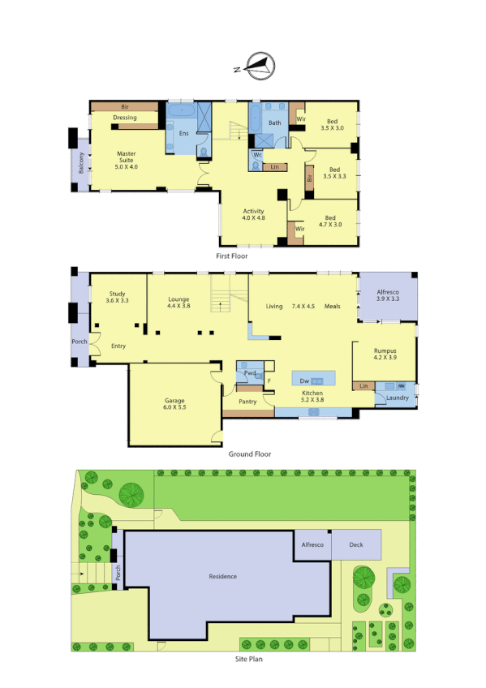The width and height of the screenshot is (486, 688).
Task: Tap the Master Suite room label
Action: point(126,157)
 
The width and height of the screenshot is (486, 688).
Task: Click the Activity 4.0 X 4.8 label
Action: point(253,215)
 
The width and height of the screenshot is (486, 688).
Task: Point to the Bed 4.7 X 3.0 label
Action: point(330,221)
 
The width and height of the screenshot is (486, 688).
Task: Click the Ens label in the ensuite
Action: point(183,133)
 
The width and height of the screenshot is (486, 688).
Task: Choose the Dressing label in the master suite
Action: point(124,118)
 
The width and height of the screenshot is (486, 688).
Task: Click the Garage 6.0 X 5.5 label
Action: point(174,404)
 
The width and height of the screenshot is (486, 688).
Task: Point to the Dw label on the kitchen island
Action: point(304,380)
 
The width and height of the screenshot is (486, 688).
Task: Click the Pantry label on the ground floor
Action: point(247,402)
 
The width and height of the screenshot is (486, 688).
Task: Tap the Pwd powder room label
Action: point(251,373)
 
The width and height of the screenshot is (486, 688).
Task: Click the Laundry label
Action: point(398,398)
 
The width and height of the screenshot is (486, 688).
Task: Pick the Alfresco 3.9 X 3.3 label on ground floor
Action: point(387,296)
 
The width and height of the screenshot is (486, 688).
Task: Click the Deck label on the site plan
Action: point(357,545)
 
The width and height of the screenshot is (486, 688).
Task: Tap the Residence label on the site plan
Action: point(222,576)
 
